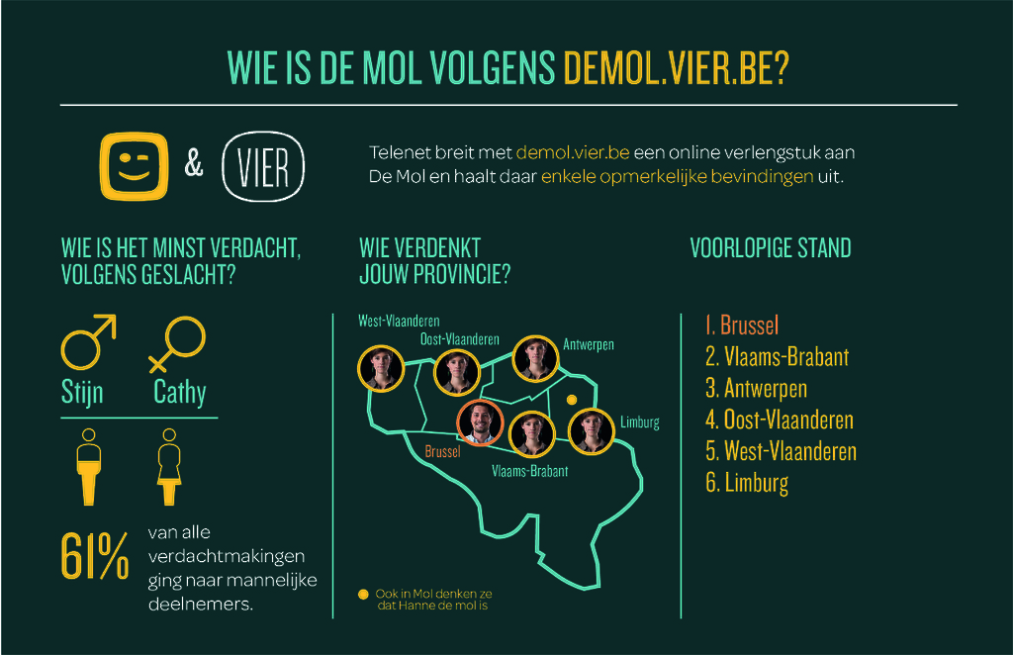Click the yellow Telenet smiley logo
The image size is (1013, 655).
tap(134, 166)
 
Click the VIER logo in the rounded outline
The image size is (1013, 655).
tap(263, 166)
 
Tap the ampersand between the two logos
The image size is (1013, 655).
tap(194, 163)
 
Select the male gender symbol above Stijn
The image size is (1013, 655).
tap(88, 341)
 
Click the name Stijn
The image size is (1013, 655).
tap(82, 393)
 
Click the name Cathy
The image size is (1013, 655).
tap(180, 392)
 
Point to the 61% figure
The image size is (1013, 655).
tap(94, 555)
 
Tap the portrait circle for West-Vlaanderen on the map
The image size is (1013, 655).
tap(381, 369)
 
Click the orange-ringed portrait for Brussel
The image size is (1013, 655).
tap(480, 423)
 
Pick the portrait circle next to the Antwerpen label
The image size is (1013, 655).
tap(535, 359)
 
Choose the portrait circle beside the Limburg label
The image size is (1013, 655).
tap(592, 431)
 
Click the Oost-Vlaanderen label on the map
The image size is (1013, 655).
tap(459, 339)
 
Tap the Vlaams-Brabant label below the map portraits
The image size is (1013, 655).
tap(530, 471)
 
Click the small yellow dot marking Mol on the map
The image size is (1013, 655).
tap(572, 400)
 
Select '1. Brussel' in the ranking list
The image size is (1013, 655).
tap(742, 325)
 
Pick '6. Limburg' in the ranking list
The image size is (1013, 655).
tap(747, 483)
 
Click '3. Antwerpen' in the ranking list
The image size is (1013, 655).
tap(756, 389)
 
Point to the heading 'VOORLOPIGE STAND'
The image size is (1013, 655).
tap(771, 248)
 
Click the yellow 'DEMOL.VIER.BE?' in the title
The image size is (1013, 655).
tap(677, 67)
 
